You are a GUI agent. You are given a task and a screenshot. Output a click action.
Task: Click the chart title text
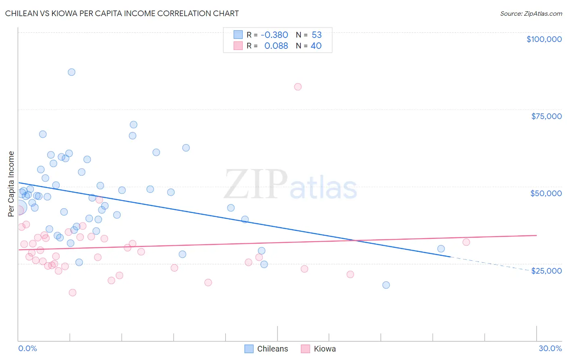[122, 13]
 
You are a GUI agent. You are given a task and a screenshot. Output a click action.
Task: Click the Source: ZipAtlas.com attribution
[531, 13]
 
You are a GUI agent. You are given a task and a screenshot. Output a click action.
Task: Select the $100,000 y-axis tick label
[544, 39]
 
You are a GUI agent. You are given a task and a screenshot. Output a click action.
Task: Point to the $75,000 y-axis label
[546, 116]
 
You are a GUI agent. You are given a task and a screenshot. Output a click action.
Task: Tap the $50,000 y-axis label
[546, 193]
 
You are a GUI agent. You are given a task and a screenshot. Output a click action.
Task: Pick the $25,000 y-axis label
[546, 271]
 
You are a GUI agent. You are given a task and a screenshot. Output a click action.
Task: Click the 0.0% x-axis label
[27, 348]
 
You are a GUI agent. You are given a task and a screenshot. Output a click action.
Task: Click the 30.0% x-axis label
[550, 348]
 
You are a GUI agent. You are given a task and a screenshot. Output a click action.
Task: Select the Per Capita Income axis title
[11, 184]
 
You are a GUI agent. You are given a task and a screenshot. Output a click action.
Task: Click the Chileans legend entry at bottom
[267, 349]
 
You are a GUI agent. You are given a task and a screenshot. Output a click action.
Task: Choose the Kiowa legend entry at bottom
[319, 349]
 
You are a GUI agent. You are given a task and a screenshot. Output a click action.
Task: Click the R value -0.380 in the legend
[274, 35]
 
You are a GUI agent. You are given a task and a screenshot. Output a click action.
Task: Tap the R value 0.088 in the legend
[276, 46]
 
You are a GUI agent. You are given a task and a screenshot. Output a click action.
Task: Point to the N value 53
[317, 35]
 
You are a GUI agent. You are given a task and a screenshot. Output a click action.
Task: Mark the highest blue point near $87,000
[71, 72]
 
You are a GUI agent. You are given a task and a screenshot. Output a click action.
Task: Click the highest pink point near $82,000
[298, 87]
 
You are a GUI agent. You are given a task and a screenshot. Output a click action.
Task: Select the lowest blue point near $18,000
[386, 285]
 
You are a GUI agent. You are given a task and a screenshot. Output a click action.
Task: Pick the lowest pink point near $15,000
[73, 293]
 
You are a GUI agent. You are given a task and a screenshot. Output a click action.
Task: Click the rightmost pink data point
[466, 242]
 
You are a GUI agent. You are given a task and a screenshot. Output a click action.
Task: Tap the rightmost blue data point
[441, 249]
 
